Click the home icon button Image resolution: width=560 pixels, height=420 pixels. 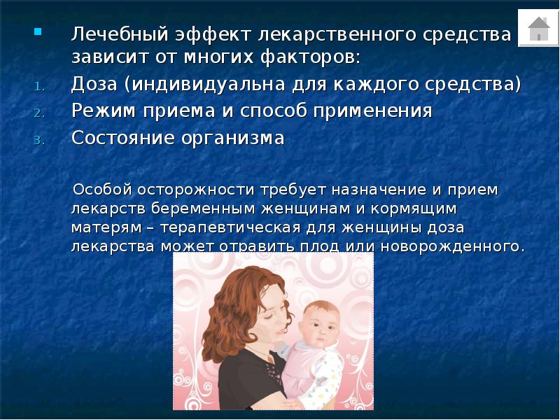pyautogui.click(x=538, y=28)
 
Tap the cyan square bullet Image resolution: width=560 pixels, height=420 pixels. pyautogui.click(x=38, y=31)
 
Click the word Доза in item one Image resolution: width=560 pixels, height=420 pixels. pyautogui.click(x=96, y=85)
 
